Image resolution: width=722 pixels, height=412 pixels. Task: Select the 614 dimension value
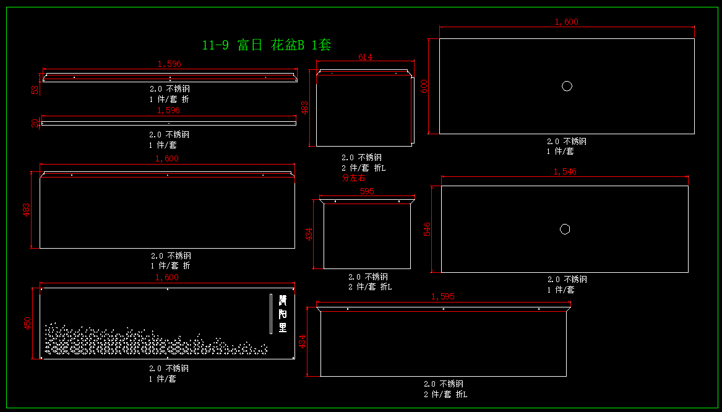(365, 58)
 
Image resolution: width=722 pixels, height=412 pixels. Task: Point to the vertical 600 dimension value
(424, 86)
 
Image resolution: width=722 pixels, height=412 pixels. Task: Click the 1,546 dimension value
(565, 171)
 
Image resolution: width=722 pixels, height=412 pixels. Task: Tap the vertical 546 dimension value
(427, 229)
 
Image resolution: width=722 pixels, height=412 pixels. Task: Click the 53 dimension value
(35, 89)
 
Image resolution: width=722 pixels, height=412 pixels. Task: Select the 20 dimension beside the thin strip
(35, 122)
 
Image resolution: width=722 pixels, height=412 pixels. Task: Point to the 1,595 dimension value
(443, 297)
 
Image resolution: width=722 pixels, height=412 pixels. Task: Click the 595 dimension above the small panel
(367, 192)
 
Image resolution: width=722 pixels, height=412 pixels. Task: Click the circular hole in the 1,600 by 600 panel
(567, 86)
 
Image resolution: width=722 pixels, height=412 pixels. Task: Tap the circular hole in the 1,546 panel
(565, 230)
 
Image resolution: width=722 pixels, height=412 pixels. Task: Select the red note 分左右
(354, 178)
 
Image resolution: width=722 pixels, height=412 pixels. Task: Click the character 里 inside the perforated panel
(283, 328)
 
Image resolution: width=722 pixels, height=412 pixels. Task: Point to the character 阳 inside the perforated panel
(283, 314)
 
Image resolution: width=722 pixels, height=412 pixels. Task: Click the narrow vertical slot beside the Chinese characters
(270, 314)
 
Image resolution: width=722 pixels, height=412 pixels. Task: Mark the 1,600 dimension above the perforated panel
(167, 278)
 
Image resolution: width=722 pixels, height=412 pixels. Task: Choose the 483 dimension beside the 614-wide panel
(304, 108)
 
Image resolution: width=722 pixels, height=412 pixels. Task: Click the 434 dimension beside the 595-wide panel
(310, 235)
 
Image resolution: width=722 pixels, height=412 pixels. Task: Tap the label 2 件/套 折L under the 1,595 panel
(445, 394)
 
